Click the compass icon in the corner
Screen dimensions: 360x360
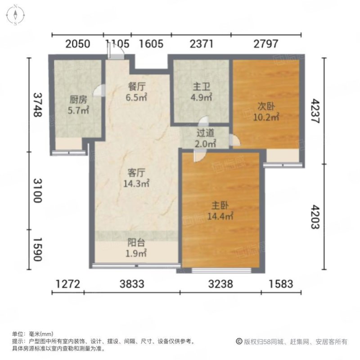coord(15,15)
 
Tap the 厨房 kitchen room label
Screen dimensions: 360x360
coord(78,99)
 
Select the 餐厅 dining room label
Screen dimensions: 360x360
coord(136,87)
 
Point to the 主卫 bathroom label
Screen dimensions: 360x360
coord(201,87)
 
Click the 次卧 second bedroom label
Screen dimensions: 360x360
coord(266,106)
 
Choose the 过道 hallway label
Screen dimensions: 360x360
coord(205,133)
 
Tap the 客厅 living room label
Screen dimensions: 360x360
coord(136,173)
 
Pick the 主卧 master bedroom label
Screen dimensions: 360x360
coord(220,205)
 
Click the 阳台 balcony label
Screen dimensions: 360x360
coord(136,243)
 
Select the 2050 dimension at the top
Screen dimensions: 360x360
coord(77,44)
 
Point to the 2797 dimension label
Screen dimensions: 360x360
coord(265,44)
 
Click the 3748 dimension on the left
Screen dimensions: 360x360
coord(38,105)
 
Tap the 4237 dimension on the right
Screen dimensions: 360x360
coord(315,111)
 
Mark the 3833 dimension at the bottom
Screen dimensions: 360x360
coord(132,284)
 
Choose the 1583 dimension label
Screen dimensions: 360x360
coord(281,284)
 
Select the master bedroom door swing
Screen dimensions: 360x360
coord(199,156)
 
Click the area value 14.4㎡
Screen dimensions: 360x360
coord(220,216)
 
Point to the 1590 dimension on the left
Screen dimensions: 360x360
coord(38,249)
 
